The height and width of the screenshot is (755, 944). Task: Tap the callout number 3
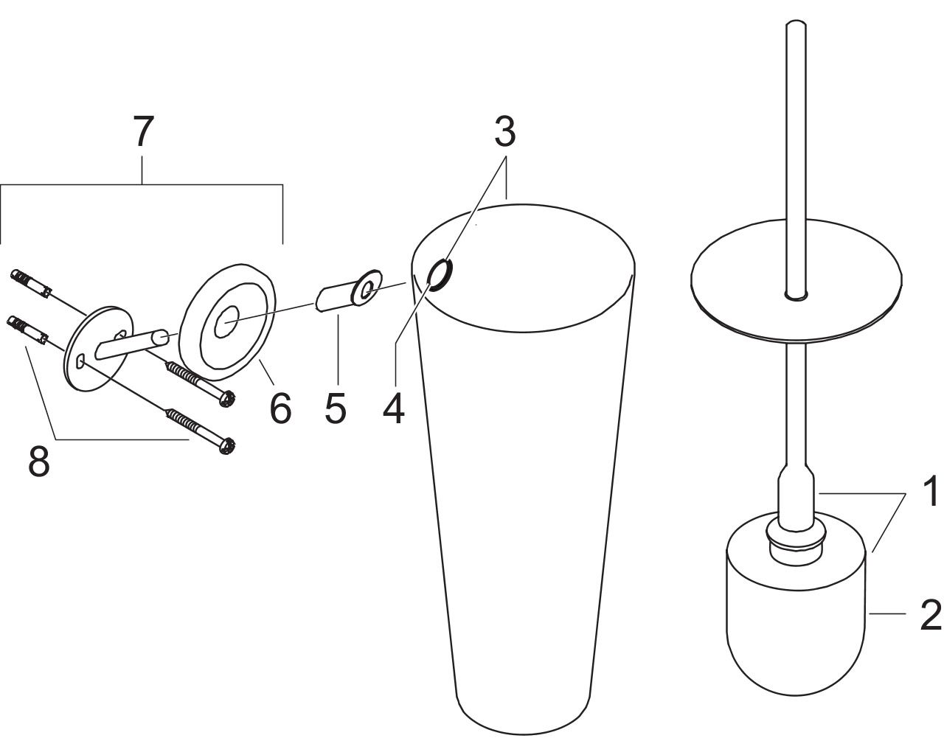[x=505, y=132]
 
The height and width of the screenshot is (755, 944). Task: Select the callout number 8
[x=39, y=462]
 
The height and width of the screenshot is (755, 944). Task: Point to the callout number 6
[x=280, y=408]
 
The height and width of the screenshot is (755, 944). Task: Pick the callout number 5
[x=336, y=408]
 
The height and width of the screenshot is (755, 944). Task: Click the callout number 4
[x=394, y=408]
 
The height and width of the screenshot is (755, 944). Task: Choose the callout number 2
[x=931, y=616]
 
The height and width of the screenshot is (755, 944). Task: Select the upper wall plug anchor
[x=31, y=283]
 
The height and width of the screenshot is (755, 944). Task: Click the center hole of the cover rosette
[x=227, y=322]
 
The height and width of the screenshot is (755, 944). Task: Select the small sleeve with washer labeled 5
[x=349, y=290]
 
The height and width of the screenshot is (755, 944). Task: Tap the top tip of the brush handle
[x=796, y=22]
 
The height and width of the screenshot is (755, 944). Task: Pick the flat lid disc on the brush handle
[x=796, y=280]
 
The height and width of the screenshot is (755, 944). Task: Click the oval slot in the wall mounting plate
[x=80, y=361]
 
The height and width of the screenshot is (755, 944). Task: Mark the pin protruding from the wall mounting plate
[x=131, y=344]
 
